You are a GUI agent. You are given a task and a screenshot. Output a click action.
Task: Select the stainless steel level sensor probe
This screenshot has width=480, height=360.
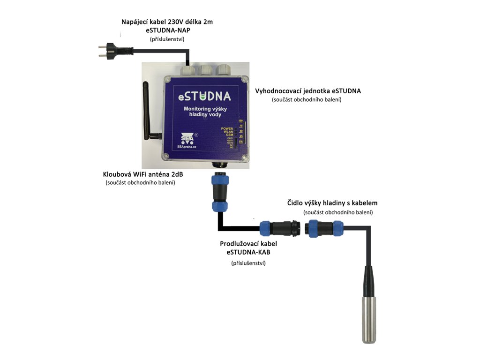pos(369,319)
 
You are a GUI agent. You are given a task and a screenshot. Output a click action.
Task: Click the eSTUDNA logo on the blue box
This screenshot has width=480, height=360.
pos(204,97)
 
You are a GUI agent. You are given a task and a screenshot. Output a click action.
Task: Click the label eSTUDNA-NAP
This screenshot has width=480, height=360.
pos(167,30)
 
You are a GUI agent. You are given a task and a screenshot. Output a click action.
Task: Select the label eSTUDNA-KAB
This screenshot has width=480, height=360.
pos(248,252)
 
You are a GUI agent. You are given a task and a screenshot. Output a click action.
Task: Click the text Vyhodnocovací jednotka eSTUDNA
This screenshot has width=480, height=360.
pos(308,91)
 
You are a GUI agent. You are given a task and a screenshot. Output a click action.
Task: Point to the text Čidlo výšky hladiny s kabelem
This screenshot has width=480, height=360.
pos(332,203)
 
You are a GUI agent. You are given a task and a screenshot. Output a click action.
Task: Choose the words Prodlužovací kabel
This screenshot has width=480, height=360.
pos(248,244)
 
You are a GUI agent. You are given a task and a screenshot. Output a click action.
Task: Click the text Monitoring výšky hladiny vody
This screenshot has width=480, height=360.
pos(205,112)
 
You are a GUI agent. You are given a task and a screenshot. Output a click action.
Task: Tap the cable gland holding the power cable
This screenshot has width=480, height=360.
pos(188,70)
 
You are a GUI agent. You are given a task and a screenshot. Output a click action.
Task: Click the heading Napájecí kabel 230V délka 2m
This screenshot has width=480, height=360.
pos(167,22)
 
